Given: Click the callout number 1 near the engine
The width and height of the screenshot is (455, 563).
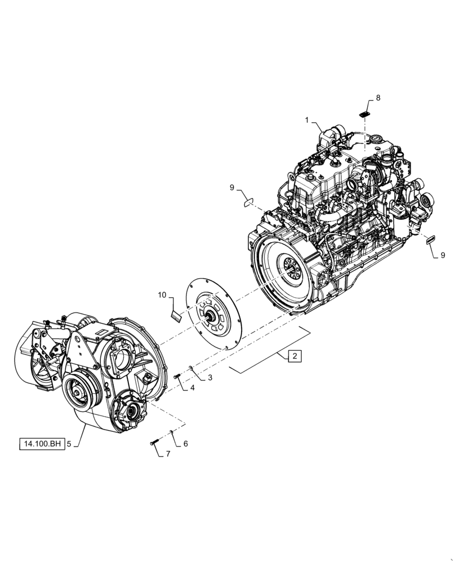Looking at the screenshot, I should point(307,120).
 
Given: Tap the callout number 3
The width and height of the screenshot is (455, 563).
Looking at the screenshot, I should point(209,378).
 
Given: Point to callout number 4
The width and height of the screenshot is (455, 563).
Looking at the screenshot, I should point(192,388).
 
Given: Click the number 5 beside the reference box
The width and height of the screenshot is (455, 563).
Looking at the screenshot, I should point(69,444).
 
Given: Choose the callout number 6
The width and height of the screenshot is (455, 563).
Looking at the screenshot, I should point(185,444).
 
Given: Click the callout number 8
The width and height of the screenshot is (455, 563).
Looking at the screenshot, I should point(378,97).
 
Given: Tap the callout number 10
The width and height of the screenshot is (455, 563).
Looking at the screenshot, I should point(162,295).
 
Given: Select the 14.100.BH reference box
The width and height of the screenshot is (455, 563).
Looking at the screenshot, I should point(42,444).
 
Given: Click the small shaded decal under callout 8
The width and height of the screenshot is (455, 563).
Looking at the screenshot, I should point(364,114).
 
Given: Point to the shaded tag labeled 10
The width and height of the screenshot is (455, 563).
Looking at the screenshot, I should point(175,316).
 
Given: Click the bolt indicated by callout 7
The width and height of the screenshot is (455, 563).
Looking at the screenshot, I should point(154,443).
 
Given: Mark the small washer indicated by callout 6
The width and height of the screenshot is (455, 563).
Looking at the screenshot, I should point(171,432).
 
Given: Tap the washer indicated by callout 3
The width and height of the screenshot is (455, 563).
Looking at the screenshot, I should point(191,368).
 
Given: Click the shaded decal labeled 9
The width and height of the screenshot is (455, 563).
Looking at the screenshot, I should point(432,239).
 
